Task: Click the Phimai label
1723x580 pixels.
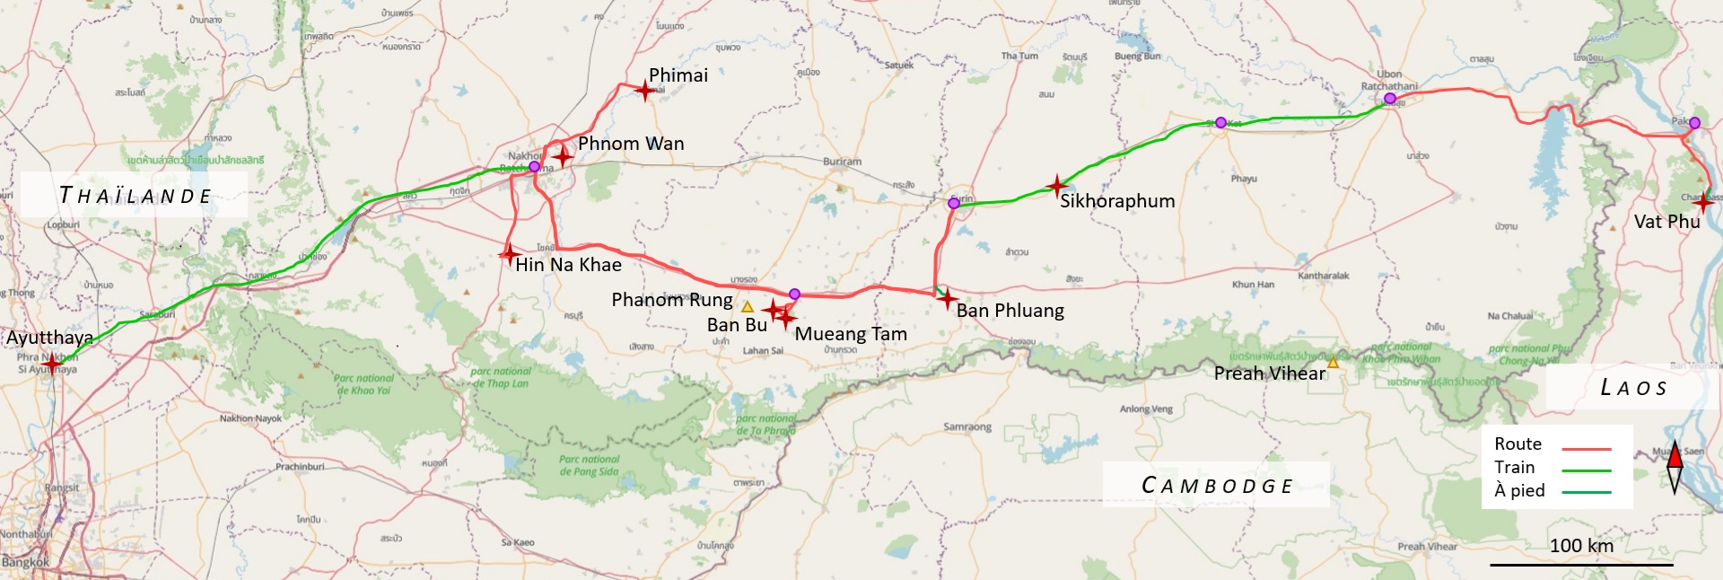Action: tap(678, 75)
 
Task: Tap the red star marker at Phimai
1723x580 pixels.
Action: tap(645, 90)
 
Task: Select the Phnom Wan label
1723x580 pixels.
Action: tap(630, 144)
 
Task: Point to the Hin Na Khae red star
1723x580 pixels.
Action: tap(509, 254)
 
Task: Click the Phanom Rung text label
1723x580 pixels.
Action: tap(671, 300)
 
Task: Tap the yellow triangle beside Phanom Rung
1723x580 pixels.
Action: tap(747, 307)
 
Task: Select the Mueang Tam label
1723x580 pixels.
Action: tap(850, 334)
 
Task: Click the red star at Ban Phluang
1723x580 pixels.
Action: tap(947, 299)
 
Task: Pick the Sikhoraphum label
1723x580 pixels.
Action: tap(1116, 201)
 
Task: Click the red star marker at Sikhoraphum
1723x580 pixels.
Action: tap(1057, 186)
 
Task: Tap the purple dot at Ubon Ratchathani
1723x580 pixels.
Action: tap(1389, 99)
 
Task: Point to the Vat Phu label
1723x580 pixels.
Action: tap(1666, 222)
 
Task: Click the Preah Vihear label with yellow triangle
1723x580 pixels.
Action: tap(1269, 373)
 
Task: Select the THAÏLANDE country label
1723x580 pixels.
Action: tap(135, 196)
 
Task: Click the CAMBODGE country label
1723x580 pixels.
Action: tap(1216, 486)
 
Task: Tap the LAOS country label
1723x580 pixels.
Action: tap(1633, 388)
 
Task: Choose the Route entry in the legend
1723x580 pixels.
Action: tap(1517, 444)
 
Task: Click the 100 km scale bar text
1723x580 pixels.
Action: tap(1581, 545)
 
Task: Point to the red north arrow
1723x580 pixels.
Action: tap(1675, 457)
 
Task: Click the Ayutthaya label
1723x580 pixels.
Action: tap(49, 338)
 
